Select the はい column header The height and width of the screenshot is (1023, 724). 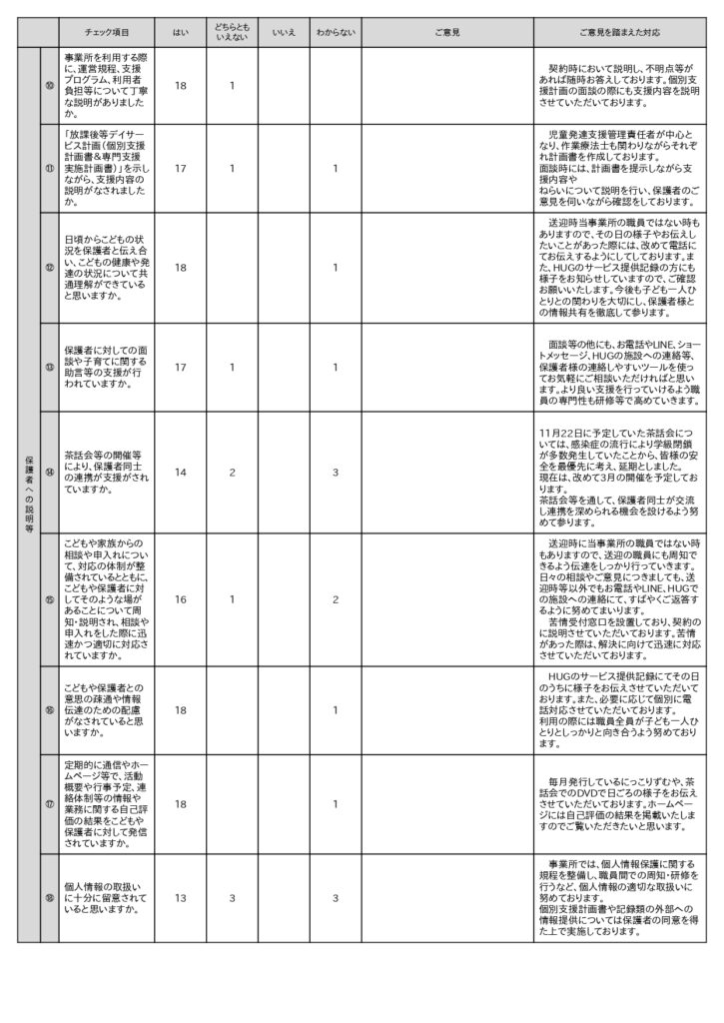click(x=180, y=33)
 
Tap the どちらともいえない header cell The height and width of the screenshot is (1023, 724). click(x=231, y=33)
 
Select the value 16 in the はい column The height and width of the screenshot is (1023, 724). click(x=180, y=599)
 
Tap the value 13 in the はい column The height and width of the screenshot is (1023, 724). click(x=180, y=898)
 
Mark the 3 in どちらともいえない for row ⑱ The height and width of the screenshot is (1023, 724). click(x=231, y=898)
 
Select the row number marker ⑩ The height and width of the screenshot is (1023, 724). click(x=49, y=86)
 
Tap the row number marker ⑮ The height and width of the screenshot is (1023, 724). click(x=49, y=599)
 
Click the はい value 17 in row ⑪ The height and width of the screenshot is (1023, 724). click(x=180, y=169)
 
